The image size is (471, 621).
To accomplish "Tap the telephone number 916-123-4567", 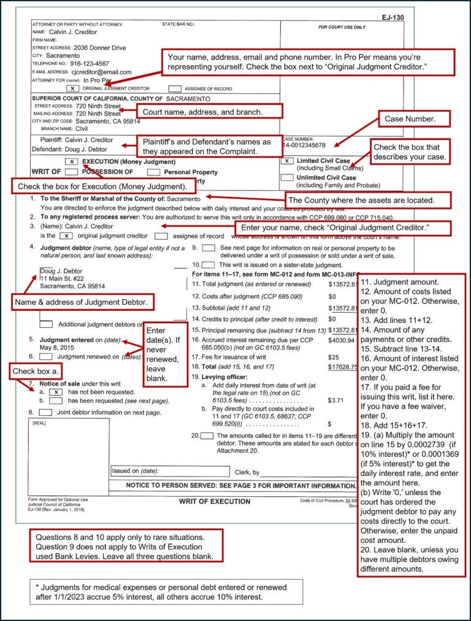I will click(90, 63).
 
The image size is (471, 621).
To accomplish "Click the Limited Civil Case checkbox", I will click(286, 162).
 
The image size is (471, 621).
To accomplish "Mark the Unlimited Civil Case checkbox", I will click(286, 178).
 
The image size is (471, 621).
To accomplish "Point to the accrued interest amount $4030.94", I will click(342, 340).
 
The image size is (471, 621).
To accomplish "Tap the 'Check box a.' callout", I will click(36, 372).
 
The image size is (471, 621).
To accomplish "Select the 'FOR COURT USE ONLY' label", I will click(342, 28).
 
